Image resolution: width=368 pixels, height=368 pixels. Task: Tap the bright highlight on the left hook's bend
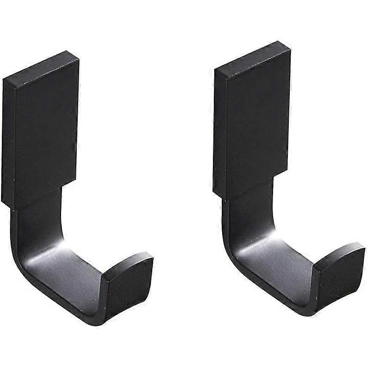pos(69,252)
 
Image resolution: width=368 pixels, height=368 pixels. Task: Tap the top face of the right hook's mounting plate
pos(252,58)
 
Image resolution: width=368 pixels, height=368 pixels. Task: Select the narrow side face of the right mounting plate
pos(220,132)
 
